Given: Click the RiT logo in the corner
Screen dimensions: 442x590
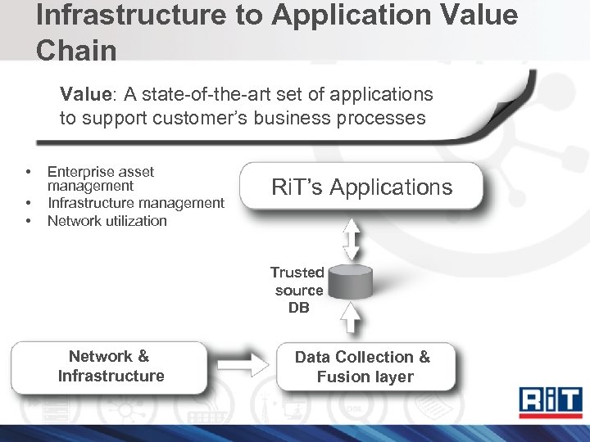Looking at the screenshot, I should coord(551,402).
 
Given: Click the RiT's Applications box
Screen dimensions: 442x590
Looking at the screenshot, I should coord(361,187).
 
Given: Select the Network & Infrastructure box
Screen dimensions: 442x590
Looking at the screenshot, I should coord(111,367).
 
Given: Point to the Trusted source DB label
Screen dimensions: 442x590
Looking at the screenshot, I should coord(298,291).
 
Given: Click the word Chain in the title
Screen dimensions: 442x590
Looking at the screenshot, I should coord(76,50).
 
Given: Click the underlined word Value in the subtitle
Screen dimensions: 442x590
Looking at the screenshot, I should coord(84,94).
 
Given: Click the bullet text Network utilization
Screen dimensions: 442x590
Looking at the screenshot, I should coord(107,221).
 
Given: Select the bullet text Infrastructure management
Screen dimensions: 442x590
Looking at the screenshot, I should coord(135,203).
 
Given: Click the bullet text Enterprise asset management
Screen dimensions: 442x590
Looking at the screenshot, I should coord(100,178).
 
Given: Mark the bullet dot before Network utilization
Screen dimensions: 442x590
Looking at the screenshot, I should coord(28,221).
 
